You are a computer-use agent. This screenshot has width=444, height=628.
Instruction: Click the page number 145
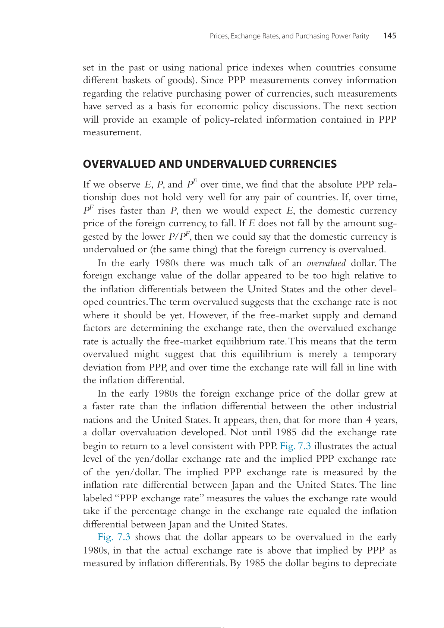pyautogui.click(x=390, y=36)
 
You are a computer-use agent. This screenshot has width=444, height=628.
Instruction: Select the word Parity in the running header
pyautogui.click(x=360, y=36)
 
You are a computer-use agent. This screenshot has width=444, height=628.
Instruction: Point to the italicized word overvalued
pyautogui.click(x=326, y=263)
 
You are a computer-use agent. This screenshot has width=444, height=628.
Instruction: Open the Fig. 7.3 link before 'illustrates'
pyautogui.click(x=295, y=446)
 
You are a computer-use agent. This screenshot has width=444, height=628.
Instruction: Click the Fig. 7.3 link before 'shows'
pyautogui.click(x=114, y=537)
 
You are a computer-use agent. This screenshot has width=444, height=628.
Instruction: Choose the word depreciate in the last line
pyautogui.click(x=375, y=563)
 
